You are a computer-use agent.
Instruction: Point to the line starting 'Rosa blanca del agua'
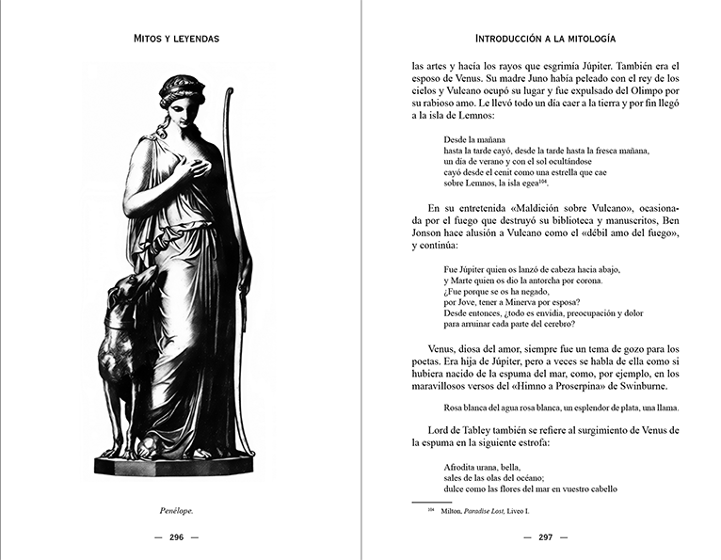(x=561, y=407)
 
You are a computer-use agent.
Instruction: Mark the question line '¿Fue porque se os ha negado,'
(x=502, y=292)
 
